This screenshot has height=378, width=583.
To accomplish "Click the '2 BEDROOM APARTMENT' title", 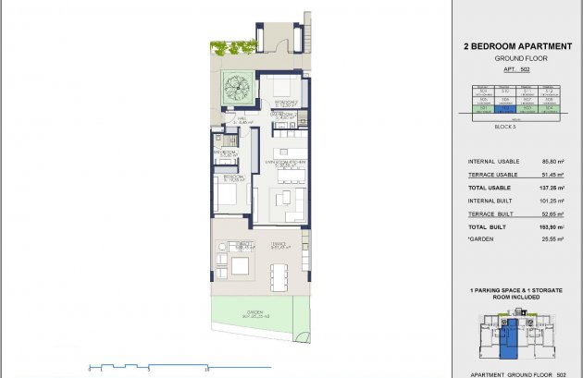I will (515, 44).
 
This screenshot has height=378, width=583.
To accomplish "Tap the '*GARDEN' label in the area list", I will (480, 238).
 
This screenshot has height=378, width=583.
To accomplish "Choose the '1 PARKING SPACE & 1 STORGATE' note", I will (515, 290).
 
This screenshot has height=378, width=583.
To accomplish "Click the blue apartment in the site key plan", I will (506, 338).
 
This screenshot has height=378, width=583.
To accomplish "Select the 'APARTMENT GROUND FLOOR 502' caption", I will (514, 372).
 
